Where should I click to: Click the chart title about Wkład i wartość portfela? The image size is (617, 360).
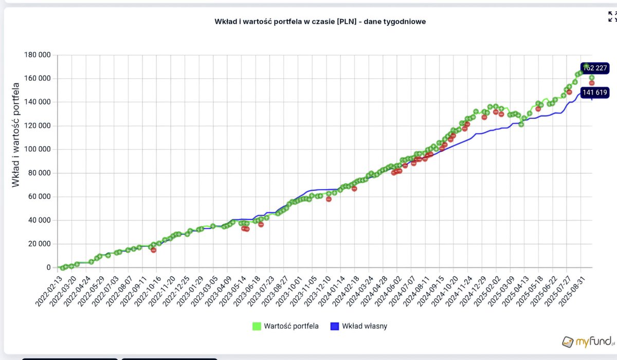(x=320, y=22)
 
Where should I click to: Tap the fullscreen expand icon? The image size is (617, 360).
(x=612, y=16)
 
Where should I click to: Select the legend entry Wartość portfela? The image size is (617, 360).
(x=292, y=326)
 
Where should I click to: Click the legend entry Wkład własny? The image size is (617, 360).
(x=365, y=326)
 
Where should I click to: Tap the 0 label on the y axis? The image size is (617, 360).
(x=49, y=268)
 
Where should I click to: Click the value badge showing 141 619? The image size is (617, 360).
(x=595, y=93)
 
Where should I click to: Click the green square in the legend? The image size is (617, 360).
(x=256, y=326)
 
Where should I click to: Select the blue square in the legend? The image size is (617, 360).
(x=334, y=326)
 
